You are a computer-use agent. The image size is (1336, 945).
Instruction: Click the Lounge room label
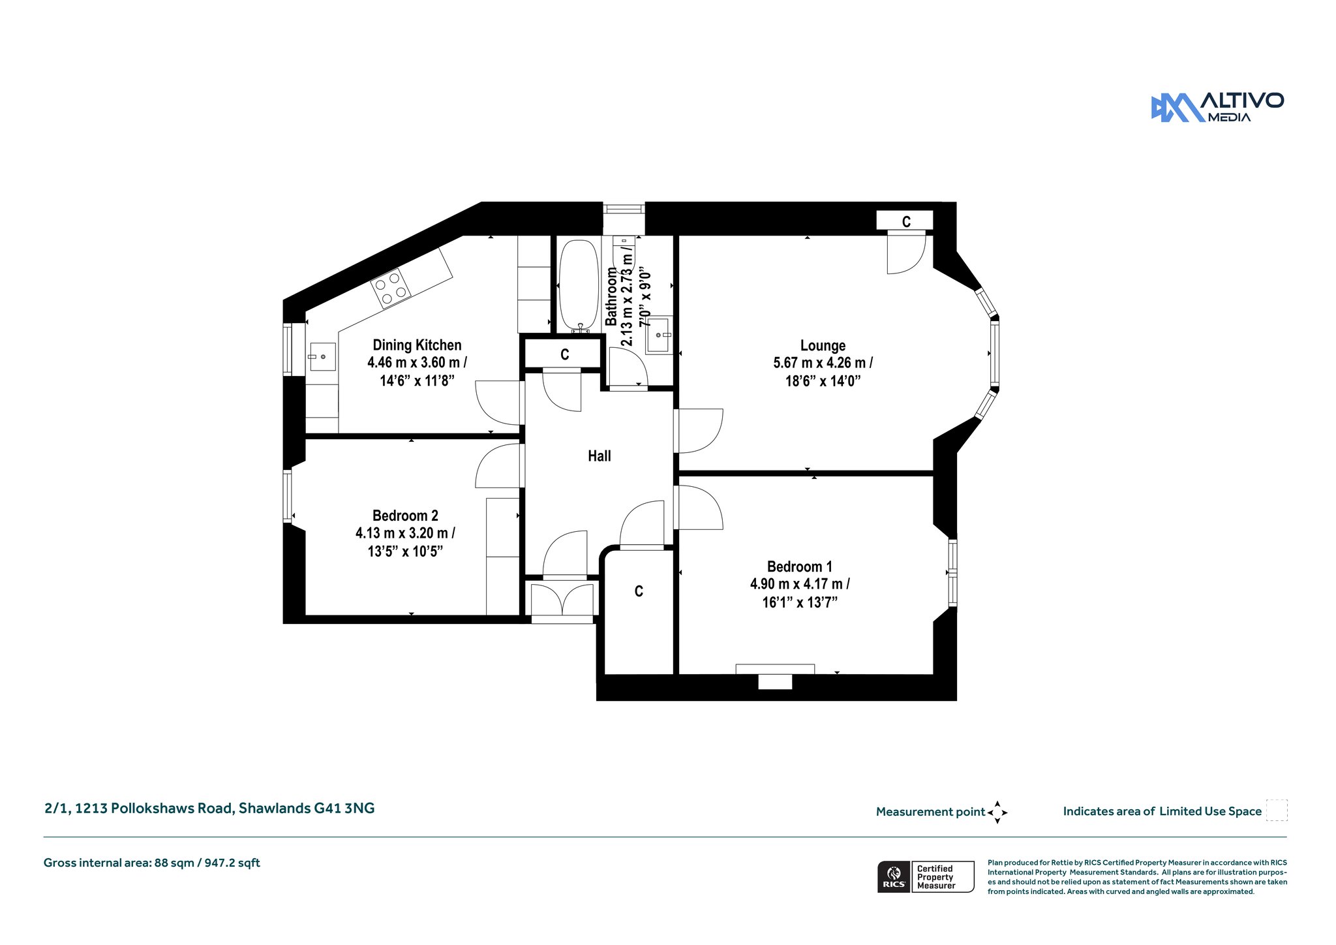coord(823,345)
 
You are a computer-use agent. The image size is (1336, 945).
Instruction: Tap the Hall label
coord(600,456)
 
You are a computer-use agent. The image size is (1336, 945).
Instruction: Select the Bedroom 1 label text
coord(800,566)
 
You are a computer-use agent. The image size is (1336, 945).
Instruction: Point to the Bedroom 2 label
coord(405,516)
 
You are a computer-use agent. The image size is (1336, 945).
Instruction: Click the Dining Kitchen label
coord(417,345)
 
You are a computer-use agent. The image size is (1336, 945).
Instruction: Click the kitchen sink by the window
coord(322,356)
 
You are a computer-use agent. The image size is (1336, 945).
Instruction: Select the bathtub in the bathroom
coord(579,286)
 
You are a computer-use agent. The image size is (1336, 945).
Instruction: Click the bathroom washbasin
coord(658,335)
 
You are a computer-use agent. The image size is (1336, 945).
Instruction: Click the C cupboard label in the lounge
coord(906,222)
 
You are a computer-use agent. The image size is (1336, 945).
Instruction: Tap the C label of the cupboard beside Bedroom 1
coord(639,591)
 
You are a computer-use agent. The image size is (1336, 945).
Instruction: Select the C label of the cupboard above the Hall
coord(565,354)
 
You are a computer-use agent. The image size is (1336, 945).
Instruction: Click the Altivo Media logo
coord(1217,108)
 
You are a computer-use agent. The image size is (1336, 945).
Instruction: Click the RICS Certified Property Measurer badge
coord(926,876)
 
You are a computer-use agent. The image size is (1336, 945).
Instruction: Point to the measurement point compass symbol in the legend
coord(997,813)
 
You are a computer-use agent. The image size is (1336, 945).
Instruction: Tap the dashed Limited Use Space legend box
coord(1277,810)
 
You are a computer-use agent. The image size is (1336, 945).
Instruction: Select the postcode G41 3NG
coord(344,808)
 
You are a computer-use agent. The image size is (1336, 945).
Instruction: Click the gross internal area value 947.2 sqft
coord(232,863)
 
